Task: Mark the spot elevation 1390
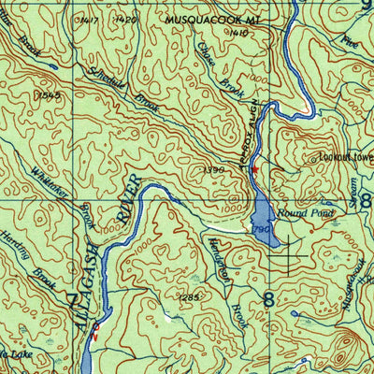pos(214,169)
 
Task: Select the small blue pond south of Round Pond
pos(298,314)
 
